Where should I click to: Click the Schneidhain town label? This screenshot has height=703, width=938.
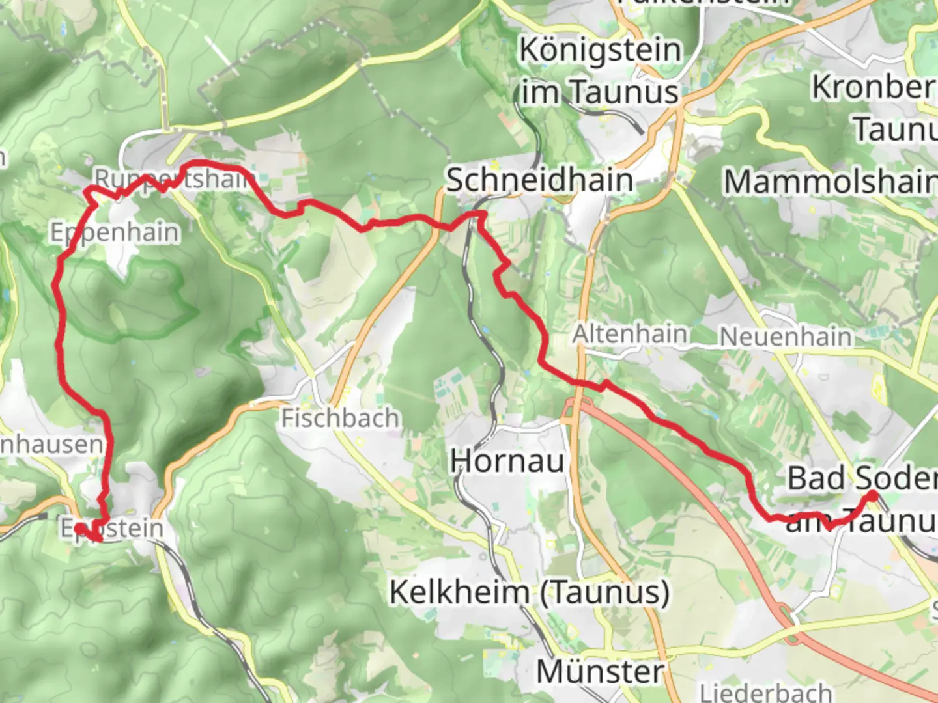click(x=539, y=180)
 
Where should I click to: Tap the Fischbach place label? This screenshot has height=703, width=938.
click(x=339, y=418)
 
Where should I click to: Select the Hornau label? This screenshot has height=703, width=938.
click(x=507, y=462)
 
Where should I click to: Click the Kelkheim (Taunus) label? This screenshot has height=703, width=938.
click(x=529, y=593)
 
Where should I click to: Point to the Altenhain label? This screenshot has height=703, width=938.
click(x=630, y=334)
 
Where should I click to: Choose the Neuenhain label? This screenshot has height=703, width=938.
click(x=786, y=337)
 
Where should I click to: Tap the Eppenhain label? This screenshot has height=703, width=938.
click(x=115, y=232)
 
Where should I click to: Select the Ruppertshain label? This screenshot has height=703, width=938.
click(x=173, y=178)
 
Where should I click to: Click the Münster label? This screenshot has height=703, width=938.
click(x=600, y=672)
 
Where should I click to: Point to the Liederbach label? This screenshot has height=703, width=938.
click(x=766, y=691)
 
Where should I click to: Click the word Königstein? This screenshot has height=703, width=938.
click(x=600, y=50)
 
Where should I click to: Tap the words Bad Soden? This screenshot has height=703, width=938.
click(x=861, y=478)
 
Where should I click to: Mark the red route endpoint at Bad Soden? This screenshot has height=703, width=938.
click(x=874, y=496)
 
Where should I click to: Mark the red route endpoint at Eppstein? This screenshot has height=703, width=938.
click(x=79, y=528)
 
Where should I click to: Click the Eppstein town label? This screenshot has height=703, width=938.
click(x=112, y=528)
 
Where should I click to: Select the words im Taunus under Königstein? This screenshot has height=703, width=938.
click(x=600, y=92)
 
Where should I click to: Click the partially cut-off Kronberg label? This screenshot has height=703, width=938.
click(x=873, y=87)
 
